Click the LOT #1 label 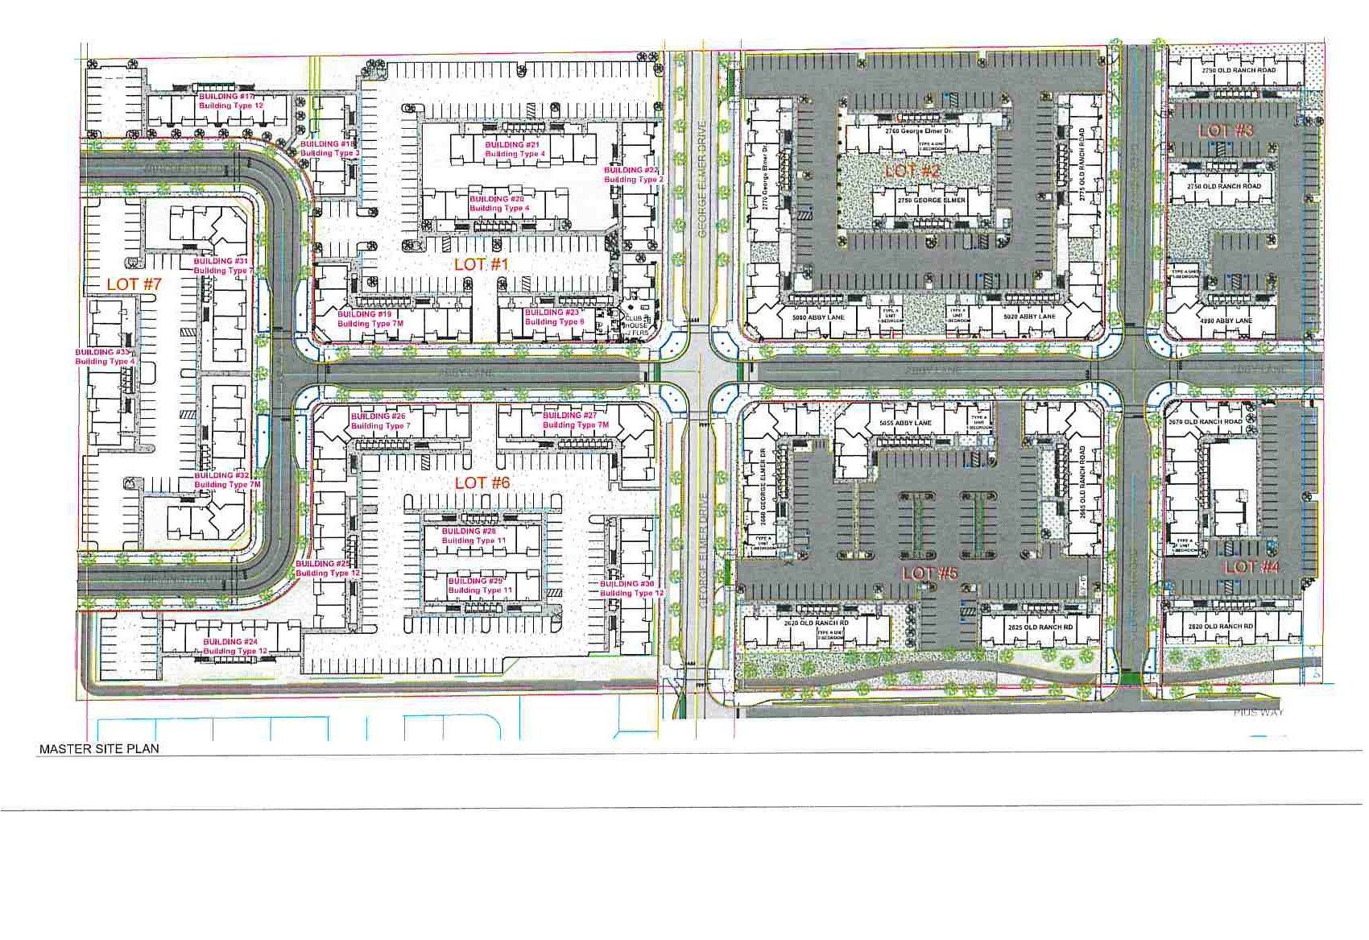pyautogui.click(x=480, y=264)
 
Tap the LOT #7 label pyautogui.click(x=134, y=284)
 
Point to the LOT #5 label pyautogui.click(x=930, y=574)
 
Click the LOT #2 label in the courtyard pyautogui.click(x=912, y=171)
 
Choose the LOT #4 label pyautogui.click(x=1251, y=567)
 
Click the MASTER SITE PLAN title pyautogui.click(x=99, y=748)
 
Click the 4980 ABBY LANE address pyautogui.click(x=1225, y=321)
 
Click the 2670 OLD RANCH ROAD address pyautogui.click(x=1209, y=422)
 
